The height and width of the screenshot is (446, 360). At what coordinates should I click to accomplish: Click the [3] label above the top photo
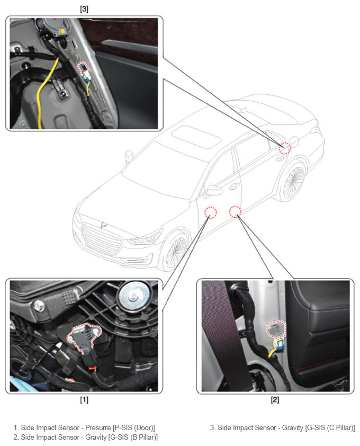click(x=84, y=9)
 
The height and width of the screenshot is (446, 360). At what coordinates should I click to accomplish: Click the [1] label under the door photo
click(x=84, y=399)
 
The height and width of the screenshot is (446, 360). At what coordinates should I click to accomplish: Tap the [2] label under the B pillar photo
click(x=275, y=399)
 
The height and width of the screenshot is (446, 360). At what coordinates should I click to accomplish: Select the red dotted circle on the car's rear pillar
click(x=285, y=148)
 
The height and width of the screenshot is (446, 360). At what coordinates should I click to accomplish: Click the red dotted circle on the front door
click(x=210, y=212)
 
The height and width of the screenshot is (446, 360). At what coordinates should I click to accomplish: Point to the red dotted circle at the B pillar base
click(x=235, y=212)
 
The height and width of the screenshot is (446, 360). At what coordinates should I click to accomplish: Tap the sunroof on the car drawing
click(x=197, y=137)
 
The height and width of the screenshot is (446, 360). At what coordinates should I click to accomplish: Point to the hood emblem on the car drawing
click(x=104, y=225)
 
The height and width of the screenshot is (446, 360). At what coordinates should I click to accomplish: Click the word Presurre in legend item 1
click(x=98, y=427)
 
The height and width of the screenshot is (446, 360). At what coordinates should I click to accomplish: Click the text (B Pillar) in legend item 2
click(x=143, y=437)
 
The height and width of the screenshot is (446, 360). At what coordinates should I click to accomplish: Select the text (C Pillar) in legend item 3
click(x=340, y=427)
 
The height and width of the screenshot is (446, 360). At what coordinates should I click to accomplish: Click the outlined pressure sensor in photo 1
click(x=84, y=337)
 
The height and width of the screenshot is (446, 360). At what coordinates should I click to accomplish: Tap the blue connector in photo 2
click(x=278, y=345)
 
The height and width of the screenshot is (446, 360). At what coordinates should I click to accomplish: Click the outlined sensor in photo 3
click(x=83, y=68)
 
